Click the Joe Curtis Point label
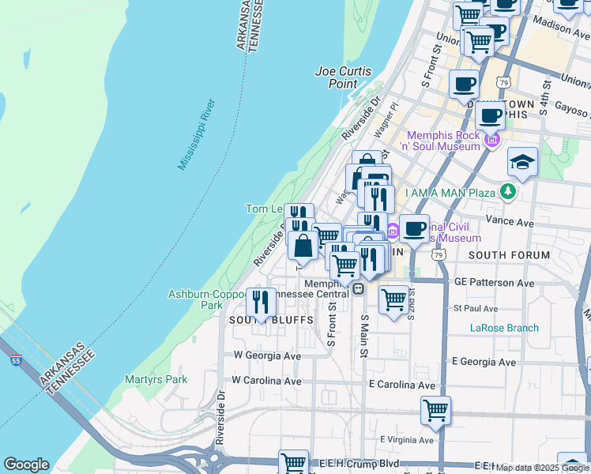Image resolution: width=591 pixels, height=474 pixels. [x=344, y=77]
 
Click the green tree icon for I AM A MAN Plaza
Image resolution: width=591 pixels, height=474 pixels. [x=506, y=192]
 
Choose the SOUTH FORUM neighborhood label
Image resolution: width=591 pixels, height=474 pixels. [x=508, y=255]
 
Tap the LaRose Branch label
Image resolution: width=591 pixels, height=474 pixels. [x=504, y=328]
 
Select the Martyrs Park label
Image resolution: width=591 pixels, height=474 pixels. [x=156, y=379]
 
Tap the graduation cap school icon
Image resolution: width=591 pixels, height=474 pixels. [x=522, y=163]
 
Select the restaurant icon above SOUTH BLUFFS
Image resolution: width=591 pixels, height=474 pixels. [x=260, y=302]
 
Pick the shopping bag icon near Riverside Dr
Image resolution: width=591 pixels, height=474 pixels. [x=303, y=245]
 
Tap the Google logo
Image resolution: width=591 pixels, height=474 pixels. [x=26, y=465]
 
